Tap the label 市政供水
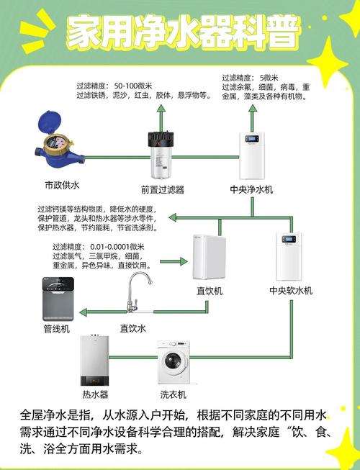tap(62, 185)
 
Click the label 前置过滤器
tap(163, 189)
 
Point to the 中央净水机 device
tap(252, 155)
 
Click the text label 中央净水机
tap(251, 189)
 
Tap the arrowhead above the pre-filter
tap(161, 108)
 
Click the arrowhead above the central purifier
tap(253, 108)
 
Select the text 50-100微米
tap(133, 86)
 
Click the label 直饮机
tap(210, 291)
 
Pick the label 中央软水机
tap(291, 290)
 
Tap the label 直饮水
tap(132, 328)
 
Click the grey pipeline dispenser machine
tap(58, 299)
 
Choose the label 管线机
tap(57, 329)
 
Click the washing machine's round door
tap(174, 362)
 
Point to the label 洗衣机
tap(173, 394)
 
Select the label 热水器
tap(95, 394)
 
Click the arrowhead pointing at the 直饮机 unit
tap(184, 261)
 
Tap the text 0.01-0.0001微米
tap(117, 247)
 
